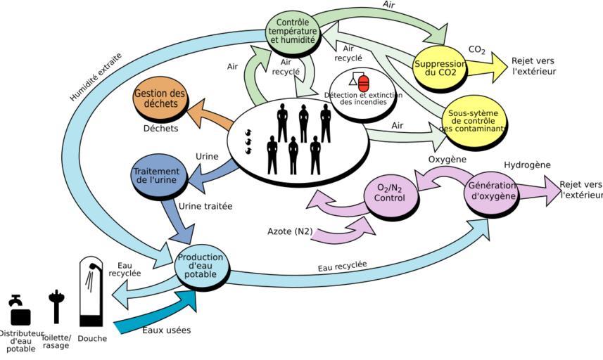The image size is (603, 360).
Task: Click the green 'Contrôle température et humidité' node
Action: tap(293, 31)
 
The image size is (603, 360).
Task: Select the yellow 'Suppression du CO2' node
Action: tap(440, 67)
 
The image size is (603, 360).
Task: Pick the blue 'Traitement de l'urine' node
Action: tap(157, 176)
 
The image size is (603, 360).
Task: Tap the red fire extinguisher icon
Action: tap(364, 82)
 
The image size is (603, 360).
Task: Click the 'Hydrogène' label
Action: tap(526, 165)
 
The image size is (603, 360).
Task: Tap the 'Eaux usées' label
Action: tap(166, 329)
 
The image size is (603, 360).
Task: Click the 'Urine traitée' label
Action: tap(205, 207)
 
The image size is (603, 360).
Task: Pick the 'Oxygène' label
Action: tap(448, 160)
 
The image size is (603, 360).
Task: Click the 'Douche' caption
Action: tap(92, 338)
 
